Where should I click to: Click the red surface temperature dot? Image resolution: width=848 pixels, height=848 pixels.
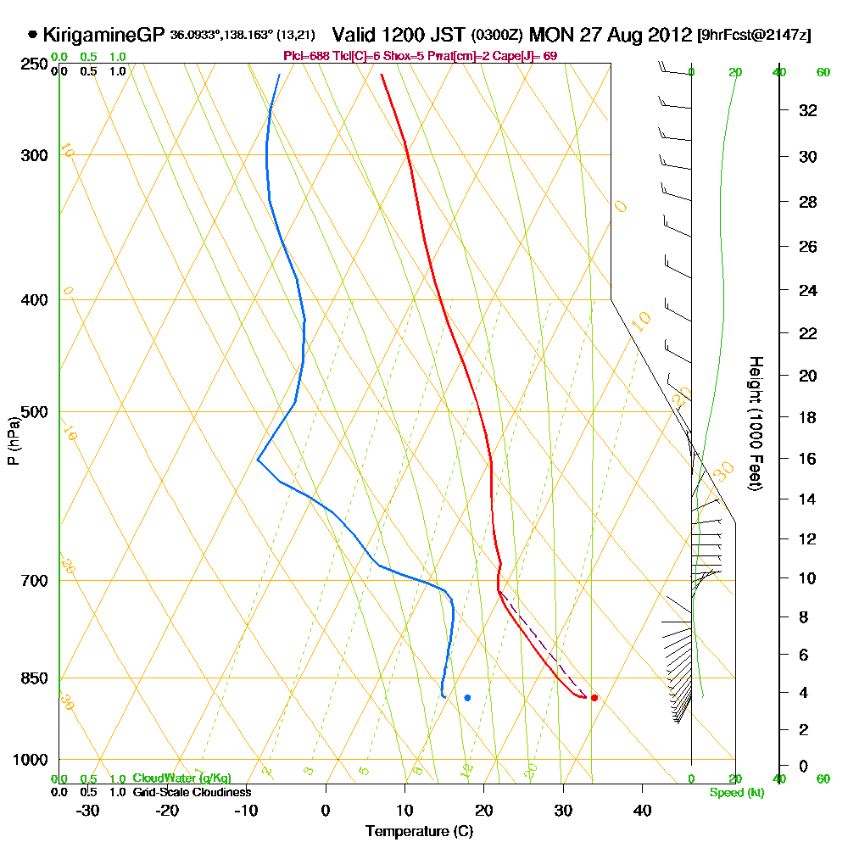tap(594, 698)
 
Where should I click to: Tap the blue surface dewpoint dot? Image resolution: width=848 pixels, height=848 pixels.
tap(467, 698)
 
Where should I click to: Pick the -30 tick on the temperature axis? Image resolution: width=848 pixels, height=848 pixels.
tap(88, 810)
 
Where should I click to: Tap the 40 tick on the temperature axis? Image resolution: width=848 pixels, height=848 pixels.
tap(642, 810)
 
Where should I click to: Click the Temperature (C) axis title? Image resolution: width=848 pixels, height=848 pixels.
tap(419, 831)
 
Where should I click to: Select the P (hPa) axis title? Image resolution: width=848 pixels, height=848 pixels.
tap(14, 441)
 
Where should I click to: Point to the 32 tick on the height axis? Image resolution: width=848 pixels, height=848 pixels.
tap(807, 110)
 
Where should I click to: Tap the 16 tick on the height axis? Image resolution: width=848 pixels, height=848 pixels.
tap(807, 459)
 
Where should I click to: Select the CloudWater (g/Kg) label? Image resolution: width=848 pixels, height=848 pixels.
tap(181, 778)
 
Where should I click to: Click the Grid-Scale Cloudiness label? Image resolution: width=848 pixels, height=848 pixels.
tap(192, 792)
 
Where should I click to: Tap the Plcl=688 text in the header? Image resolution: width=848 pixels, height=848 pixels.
tap(306, 56)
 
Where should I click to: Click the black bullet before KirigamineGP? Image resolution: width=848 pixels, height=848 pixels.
tap(32, 36)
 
